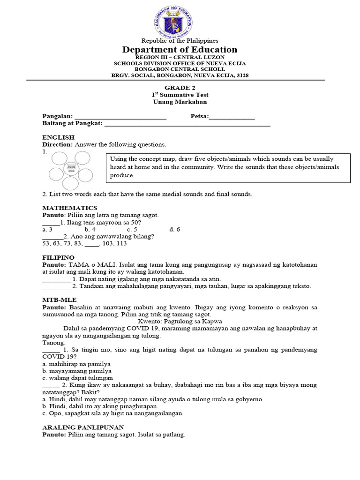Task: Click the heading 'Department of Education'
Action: click(180, 50)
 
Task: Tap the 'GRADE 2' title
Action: click(180, 88)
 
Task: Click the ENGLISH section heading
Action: click(58, 137)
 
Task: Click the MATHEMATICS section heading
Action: click(70, 208)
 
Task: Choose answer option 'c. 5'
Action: click(132, 229)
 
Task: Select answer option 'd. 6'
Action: click(174, 229)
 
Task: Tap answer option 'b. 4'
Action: click(90, 229)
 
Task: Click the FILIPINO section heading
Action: click(59, 257)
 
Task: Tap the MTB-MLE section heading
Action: click(59, 299)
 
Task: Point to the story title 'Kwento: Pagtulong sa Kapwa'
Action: click(180, 321)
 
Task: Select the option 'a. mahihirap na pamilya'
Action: click(76, 364)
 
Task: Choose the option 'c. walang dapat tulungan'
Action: click(77, 378)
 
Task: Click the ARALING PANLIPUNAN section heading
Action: click(83, 427)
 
